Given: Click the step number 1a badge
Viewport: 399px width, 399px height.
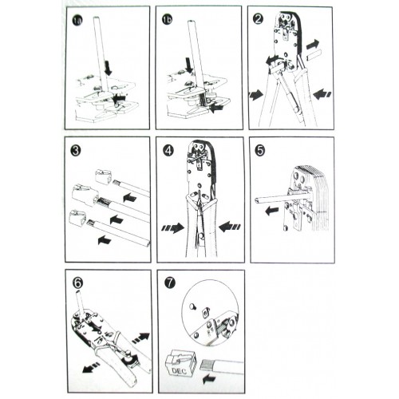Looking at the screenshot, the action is coord(77,21).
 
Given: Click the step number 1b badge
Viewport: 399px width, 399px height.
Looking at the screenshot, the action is coord(167,20).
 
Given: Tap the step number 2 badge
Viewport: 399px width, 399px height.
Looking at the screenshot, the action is coord(258,19).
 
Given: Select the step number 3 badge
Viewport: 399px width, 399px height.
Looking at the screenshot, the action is coord(76,151).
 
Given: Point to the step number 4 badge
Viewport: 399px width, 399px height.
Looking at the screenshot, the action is coord(168,151).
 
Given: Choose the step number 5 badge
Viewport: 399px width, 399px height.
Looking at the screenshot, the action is coord(260,150).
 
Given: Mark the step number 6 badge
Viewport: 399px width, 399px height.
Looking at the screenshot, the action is coord(77,283).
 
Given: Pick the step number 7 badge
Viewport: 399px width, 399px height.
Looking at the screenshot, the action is coord(170,282).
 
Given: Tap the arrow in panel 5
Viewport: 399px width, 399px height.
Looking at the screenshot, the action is coord(271,211).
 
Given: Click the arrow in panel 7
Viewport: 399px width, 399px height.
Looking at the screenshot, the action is coord(209,378).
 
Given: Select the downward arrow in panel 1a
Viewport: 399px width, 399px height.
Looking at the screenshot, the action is coord(109,68).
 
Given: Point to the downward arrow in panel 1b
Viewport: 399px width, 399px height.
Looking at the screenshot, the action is coord(189,65).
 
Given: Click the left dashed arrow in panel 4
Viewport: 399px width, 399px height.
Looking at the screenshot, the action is coord(173,228).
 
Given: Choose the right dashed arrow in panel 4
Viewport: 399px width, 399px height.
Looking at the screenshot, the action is coord(230,227).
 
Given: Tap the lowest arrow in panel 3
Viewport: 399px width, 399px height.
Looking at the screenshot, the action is coord(105,240).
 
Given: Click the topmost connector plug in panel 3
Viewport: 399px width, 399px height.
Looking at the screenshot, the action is coord(103,177).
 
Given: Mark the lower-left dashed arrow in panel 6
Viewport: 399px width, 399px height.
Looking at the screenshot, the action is coord(91,368).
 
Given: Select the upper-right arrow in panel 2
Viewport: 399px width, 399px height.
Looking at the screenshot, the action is coord(312,44).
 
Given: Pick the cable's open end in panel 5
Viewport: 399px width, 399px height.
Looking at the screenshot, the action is coord(256,200).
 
